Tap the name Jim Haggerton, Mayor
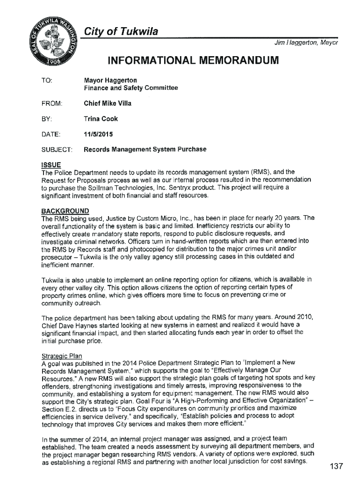(x=305, y=43)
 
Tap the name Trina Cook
(x=101, y=119)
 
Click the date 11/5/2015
(x=98, y=134)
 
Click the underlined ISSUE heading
(x=51, y=165)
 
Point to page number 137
(x=336, y=466)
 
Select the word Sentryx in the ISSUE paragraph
(x=158, y=187)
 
